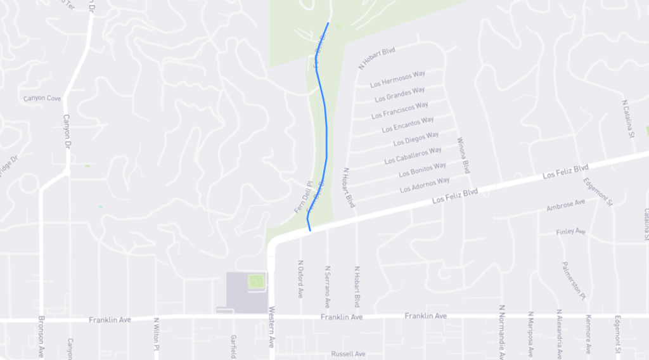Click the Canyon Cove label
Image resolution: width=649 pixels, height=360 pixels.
coord(42,98)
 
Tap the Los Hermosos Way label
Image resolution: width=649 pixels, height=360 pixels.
coord(397,79)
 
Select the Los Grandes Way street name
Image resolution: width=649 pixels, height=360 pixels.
coord(400,94)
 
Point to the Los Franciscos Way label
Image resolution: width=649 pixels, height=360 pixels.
coord(399,110)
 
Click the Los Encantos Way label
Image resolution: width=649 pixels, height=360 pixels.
coord(408,124)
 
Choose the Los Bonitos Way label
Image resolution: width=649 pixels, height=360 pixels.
coord(422,170)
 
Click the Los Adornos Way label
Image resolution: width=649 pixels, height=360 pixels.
coord(425,185)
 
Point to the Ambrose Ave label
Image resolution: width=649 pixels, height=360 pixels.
coord(566,205)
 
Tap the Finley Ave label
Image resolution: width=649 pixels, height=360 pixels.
coord(570,232)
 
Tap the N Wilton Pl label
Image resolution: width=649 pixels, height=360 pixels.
coord(155,330)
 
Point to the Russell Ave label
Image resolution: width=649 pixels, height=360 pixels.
coord(348,354)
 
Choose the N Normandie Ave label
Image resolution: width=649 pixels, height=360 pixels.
coord(501,331)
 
